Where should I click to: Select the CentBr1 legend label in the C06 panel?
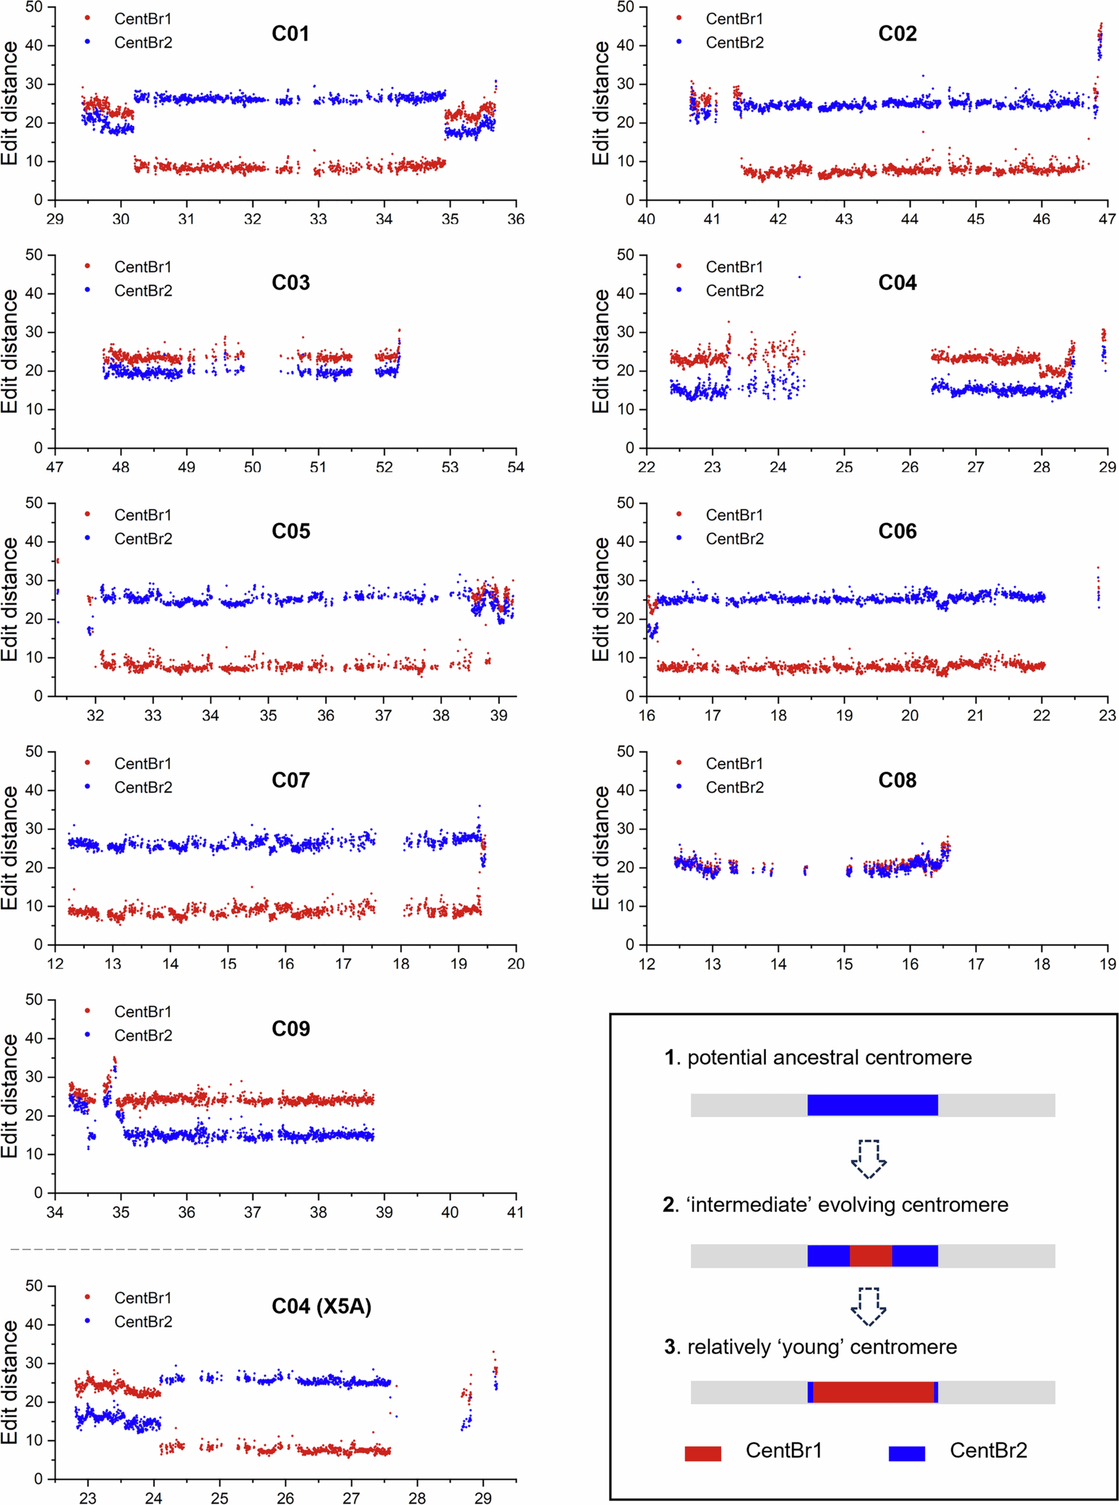tap(734, 515)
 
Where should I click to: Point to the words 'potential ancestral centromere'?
tap(829, 1057)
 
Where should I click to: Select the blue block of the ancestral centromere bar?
tap(872, 1105)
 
